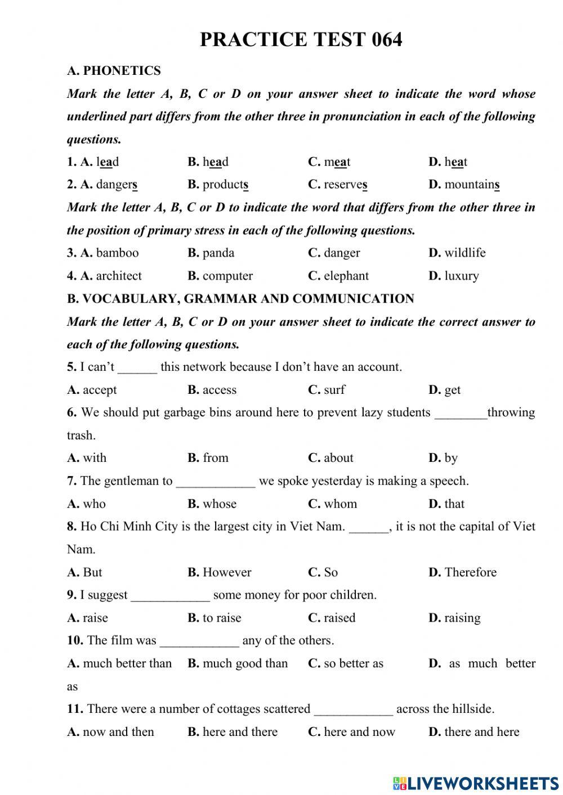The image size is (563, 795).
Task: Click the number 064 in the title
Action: point(387,39)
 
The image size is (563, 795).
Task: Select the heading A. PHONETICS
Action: point(114,71)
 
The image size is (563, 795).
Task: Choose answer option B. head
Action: point(208,162)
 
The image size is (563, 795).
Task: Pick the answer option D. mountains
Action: point(464,185)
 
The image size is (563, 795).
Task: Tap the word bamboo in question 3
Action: point(117,253)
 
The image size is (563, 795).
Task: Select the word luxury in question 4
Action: point(461,276)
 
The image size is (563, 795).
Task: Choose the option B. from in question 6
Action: point(208,458)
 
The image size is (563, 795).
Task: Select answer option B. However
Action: point(220,572)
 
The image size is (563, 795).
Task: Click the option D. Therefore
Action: point(463,572)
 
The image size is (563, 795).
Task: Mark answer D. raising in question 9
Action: point(455,618)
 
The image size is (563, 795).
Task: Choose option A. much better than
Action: point(119,663)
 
